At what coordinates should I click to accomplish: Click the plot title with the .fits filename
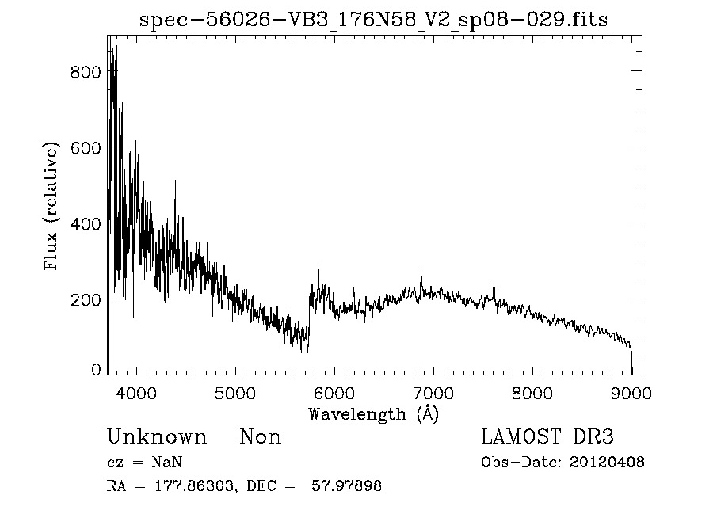coord(373,21)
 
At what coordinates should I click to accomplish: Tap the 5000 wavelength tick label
coord(235,393)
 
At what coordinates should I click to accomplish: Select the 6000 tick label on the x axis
coord(334,393)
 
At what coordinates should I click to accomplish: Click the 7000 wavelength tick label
coord(433,393)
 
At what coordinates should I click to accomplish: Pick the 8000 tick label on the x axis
coord(532,393)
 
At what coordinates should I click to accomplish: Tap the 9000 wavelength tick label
coord(631,393)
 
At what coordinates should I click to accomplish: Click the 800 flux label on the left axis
coord(86,72)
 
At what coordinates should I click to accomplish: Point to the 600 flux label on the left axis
coord(86,148)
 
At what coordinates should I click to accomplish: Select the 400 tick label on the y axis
coord(86,224)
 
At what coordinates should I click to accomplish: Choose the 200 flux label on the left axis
coord(86,300)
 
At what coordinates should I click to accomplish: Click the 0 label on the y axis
coord(96,370)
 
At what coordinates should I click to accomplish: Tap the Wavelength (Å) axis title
coord(373,413)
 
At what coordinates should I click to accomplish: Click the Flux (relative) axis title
coord(52,208)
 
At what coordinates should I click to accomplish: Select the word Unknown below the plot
coord(157,437)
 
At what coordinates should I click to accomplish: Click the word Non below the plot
coord(261,437)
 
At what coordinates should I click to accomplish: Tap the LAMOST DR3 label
coord(547,437)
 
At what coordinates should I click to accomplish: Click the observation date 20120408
coord(608,463)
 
